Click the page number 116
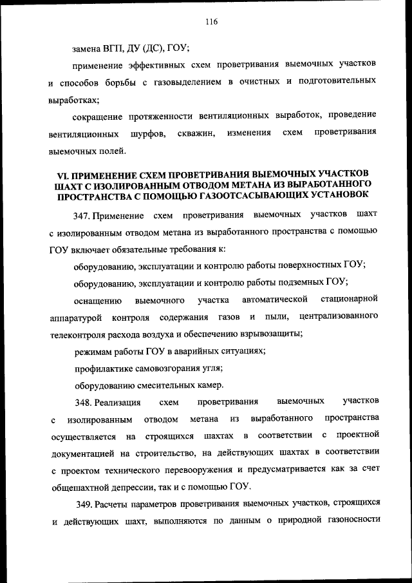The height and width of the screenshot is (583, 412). coord(212,21)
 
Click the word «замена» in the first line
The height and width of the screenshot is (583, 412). coord(89,48)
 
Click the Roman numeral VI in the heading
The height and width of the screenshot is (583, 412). coord(62,175)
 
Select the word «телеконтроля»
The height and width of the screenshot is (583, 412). coord(76,334)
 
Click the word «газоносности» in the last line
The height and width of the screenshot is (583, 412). coord(351,520)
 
